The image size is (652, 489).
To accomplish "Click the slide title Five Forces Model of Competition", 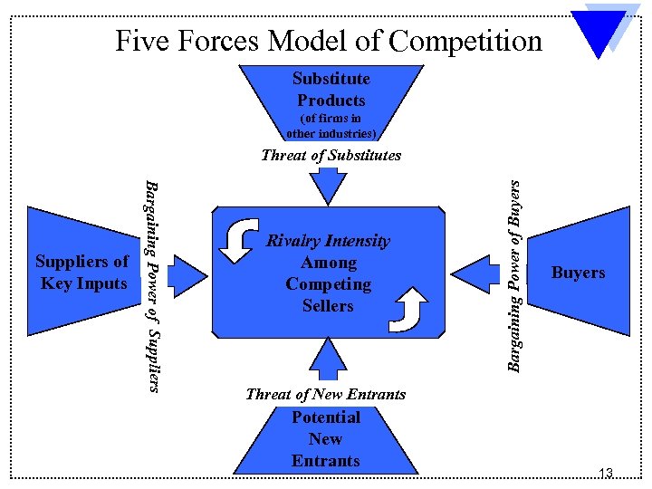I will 328,41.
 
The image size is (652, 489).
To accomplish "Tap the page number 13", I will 606,473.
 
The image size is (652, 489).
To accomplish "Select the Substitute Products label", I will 331,90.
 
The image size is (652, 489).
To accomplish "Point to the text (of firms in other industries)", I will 325,126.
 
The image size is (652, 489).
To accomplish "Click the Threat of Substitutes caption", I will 331,155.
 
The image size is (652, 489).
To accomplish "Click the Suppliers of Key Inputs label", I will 81,273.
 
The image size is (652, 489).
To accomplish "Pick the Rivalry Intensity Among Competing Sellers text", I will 328,273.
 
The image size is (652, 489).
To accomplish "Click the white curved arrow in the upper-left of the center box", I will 240,239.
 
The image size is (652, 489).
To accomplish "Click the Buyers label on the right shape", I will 578,273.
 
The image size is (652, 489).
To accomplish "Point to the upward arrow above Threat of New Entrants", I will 328,358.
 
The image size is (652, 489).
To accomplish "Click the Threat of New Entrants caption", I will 325,394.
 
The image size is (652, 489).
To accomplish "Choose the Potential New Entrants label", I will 326,439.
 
